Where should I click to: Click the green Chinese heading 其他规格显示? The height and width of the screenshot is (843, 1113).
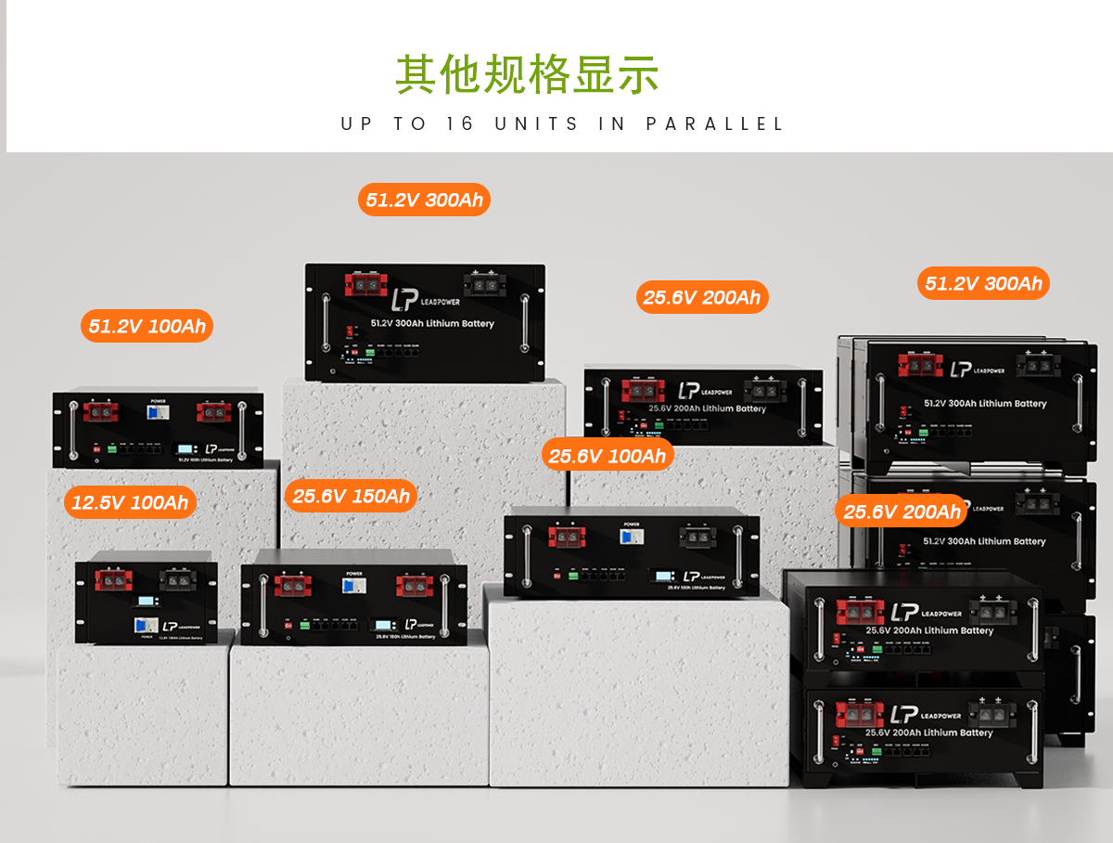coord(527,74)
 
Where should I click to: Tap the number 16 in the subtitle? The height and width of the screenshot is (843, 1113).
coord(460,123)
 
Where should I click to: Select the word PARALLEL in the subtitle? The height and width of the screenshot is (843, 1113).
coord(715,123)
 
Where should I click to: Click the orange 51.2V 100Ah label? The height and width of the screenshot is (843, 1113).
coord(147,326)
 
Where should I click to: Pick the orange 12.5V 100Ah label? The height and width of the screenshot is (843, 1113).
coord(130,503)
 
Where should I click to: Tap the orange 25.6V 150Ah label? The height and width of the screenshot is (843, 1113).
coord(351,496)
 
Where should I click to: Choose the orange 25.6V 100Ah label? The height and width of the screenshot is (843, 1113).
coord(608,456)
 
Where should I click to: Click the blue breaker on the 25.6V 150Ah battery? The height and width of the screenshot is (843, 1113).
coord(353,587)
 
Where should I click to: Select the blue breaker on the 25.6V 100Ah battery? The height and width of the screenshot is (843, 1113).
coord(632,536)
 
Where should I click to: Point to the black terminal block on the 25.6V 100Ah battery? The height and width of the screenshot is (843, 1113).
coord(697,536)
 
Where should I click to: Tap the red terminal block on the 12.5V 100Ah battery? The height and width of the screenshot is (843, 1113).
coord(115,580)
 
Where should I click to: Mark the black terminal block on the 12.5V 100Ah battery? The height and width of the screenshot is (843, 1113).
coord(179,579)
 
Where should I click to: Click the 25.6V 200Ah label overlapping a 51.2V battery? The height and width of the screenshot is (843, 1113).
coord(902,512)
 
